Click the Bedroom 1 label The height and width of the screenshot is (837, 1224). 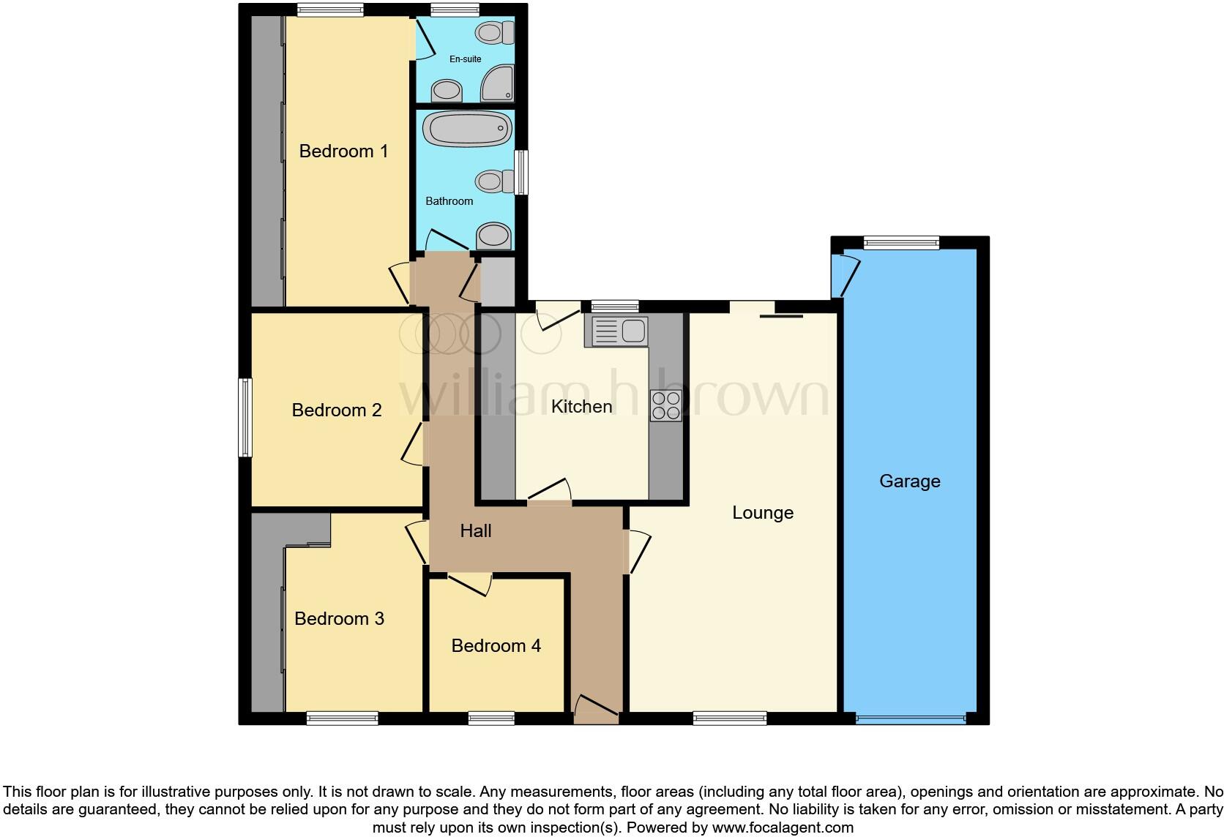click(343, 151)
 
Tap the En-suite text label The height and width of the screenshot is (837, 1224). click(465, 59)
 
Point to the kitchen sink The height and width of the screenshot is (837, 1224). click(616, 331)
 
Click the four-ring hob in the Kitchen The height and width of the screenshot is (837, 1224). click(665, 406)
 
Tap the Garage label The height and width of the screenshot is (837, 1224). click(909, 481)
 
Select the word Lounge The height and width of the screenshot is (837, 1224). click(763, 513)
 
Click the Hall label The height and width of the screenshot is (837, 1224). click(476, 531)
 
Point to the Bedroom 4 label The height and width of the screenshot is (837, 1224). click(496, 646)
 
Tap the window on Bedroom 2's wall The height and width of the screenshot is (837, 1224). click(246, 417)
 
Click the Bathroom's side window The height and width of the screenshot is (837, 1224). click(520, 173)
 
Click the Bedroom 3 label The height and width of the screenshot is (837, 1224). click(339, 619)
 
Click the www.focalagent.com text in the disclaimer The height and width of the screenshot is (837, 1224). click(782, 828)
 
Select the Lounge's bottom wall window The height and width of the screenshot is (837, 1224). click(729, 718)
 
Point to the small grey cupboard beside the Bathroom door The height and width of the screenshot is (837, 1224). click(498, 281)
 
